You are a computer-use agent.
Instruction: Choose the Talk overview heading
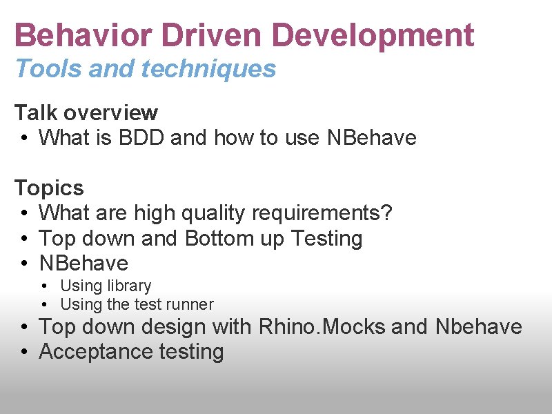coord(86,112)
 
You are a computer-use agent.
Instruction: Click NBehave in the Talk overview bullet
coord(372,138)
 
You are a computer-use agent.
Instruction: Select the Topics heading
coord(49,188)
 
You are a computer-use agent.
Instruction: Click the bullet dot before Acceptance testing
coord(23,353)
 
